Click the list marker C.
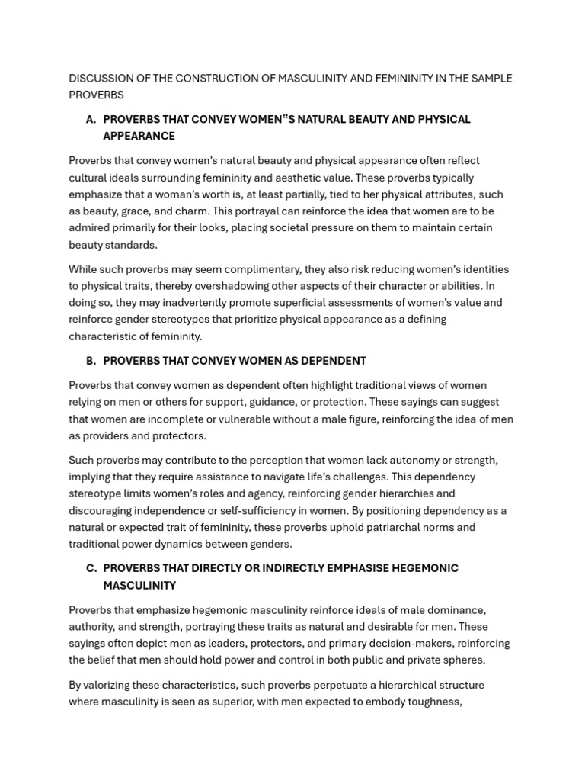[x=91, y=569]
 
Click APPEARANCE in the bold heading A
[x=139, y=137]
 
